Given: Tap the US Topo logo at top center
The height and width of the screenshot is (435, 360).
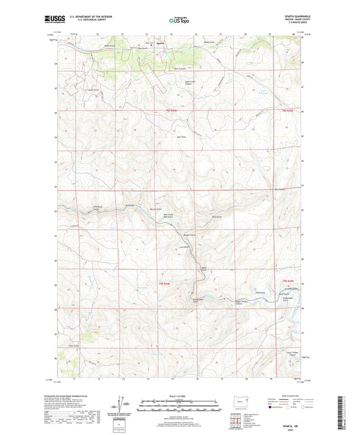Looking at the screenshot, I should (x=178, y=21).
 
